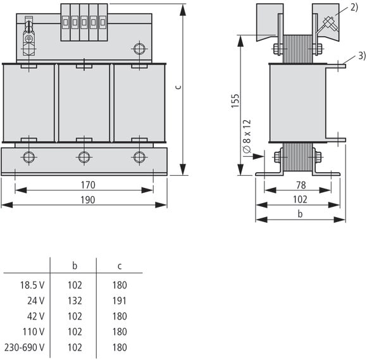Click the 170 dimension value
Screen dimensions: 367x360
click(88, 185)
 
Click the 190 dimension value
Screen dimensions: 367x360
click(88, 200)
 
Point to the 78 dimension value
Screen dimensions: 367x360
click(301, 185)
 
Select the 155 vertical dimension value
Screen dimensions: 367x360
click(235, 101)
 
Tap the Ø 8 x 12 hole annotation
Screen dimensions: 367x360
click(247, 136)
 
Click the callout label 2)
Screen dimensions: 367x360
click(354, 7)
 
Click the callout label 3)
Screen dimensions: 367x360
click(362, 56)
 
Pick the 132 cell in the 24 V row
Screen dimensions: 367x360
click(75, 301)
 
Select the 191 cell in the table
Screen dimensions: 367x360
click(120, 301)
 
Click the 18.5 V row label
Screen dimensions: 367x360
click(32, 285)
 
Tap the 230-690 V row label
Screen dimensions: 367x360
click(24, 347)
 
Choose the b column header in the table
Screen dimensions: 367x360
click(75, 266)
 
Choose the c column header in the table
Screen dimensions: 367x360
click(120, 266)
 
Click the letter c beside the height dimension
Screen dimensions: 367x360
click(178, 87)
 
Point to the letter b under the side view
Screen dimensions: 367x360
click(300, 214)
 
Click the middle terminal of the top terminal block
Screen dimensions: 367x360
click(84, 22)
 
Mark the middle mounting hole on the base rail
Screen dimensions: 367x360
click(84, 157)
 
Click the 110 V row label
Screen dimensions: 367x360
click(34, 332)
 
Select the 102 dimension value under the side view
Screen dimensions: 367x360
click(301, 199)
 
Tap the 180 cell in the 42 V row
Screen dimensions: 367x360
click(120, 316)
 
